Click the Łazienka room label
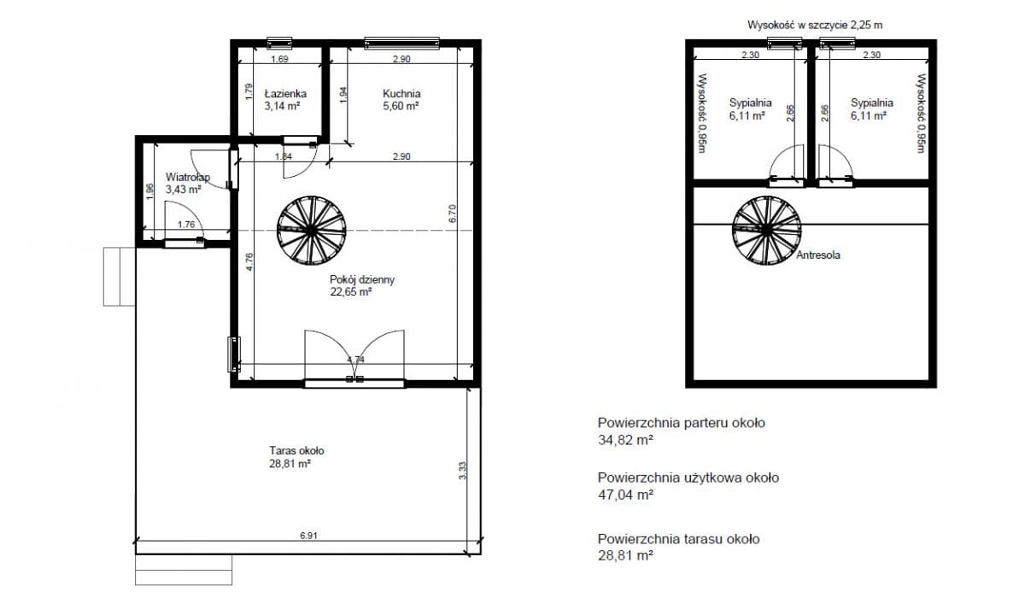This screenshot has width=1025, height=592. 285,94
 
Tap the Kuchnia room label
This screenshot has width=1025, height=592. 401,94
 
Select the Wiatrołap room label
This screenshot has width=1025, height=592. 188,177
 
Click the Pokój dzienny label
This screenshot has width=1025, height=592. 362,279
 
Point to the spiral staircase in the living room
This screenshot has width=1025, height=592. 312,231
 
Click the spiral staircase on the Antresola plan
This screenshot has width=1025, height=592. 766,230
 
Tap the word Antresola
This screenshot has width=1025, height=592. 818,255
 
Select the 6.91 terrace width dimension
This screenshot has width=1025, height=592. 308,536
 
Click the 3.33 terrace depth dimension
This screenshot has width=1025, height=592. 462,471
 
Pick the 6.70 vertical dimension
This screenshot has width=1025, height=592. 452,214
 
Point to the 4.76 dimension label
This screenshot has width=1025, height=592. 249,261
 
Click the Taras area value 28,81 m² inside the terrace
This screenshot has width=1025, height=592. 290,464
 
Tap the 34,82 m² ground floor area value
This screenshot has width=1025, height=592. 625,440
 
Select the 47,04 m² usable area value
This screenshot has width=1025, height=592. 625,495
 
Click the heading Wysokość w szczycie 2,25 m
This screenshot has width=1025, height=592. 815,25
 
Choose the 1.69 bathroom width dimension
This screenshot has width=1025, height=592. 279,59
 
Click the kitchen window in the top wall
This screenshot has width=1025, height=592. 401,43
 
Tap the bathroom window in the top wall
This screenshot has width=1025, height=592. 279,43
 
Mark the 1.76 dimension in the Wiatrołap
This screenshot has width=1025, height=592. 186,224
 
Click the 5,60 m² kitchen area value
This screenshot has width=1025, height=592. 401,106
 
